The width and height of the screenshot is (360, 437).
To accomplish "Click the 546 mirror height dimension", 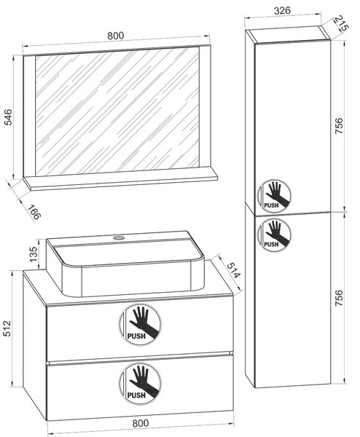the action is pos(9,117).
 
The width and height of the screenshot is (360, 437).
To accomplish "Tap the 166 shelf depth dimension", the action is pos(34,213).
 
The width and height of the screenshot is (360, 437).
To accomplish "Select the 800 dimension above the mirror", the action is pos(115,36).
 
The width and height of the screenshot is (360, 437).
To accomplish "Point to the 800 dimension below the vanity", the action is pos(140,422).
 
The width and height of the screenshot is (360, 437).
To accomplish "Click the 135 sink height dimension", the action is pos(34,254).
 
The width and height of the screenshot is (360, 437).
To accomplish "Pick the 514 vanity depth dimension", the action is pos(233,270).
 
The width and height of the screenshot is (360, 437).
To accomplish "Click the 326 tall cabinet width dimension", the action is pos(282,11).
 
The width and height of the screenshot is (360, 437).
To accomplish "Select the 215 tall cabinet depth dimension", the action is pos(341,23).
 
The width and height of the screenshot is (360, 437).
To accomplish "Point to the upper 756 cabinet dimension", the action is pos(339,126).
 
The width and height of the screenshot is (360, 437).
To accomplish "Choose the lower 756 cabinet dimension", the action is pos(339,298).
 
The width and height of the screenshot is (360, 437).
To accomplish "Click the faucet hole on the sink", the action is pos(119,238).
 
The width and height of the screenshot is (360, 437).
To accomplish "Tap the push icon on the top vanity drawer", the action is pos(140,325).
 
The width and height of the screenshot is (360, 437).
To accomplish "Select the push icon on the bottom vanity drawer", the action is pos(140,384).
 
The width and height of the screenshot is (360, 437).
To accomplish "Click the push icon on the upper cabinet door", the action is pos(273,194).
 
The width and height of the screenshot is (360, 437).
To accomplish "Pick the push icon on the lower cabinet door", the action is pos(273,235).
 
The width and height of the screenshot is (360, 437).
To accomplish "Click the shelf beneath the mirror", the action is pos(120,181).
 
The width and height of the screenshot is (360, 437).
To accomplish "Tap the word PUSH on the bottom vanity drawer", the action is pos(136,395).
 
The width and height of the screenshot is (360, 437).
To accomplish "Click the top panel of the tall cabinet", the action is pos(288,36).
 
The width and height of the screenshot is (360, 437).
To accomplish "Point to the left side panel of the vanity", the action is pos(34,345).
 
